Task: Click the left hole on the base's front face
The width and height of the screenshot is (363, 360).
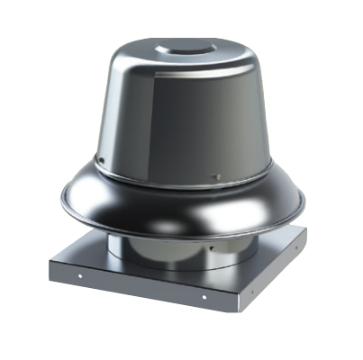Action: (x=78, y=274)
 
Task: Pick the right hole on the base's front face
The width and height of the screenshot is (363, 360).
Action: (x=204, y=296)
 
